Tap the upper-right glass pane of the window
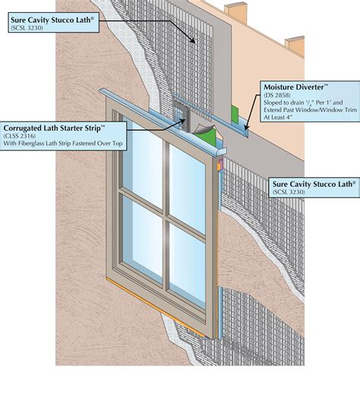tap(186, 186)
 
